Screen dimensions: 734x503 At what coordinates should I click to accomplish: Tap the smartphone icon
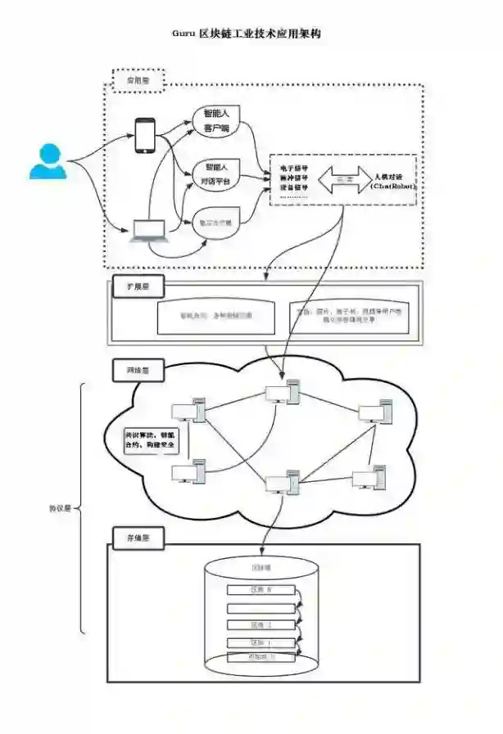coord(146,135)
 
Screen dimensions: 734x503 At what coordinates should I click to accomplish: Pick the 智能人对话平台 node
coord(216,173)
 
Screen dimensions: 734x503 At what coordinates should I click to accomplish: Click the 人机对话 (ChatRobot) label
coord(393,181)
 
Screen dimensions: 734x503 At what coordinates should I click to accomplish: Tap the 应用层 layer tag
coord(138,81)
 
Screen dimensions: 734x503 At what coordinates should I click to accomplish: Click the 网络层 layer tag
coord(136,371)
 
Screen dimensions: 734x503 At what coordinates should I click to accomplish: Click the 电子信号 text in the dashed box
coord(294,168)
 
